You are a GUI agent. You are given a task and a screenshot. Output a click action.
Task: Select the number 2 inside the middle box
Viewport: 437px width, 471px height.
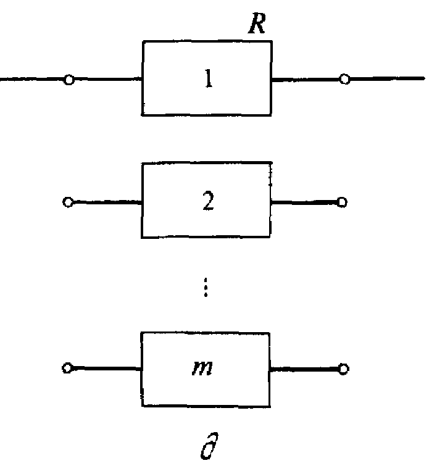click(x=209, y=202)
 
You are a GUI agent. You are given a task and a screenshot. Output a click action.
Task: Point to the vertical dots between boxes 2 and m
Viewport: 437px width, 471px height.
click(x=205, y=288)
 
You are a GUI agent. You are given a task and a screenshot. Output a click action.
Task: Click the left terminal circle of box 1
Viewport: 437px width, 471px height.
click(x=69, y=80)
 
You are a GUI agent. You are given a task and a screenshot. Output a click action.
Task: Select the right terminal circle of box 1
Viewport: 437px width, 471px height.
click(x=345, y=79)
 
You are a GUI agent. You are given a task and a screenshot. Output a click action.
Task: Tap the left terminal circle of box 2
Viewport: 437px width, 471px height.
click(x=67, y=202)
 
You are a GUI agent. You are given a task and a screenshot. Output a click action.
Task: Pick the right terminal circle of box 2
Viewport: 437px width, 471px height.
click(x=343, y=201)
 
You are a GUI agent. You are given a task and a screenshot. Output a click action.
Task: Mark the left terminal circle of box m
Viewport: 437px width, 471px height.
click(x=67, y=369)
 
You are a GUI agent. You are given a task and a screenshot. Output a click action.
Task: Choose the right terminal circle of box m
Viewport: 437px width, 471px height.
click(x=344, y=369)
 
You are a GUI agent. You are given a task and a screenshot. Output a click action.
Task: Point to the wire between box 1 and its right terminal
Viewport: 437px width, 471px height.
click(x=306, y=79)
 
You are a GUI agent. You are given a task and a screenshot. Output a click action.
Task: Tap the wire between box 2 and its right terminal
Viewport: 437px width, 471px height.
click(x=305, y=201)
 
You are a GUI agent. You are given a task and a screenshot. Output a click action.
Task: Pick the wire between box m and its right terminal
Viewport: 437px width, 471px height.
click(x=305, y=369)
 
